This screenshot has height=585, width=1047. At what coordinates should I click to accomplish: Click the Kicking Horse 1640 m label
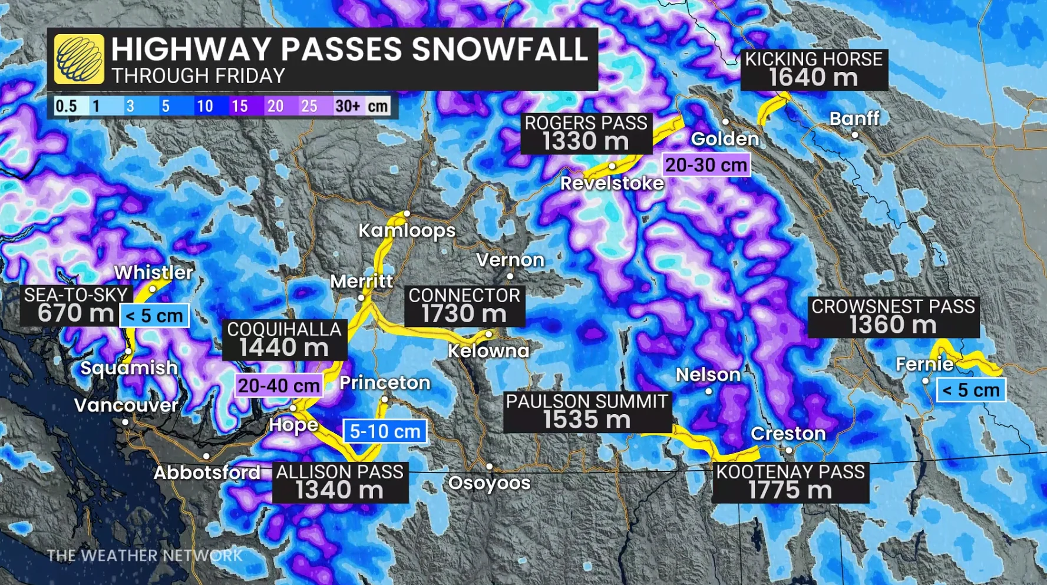(814, 70)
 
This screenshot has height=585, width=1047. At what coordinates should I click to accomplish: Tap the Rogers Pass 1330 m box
(586, 133)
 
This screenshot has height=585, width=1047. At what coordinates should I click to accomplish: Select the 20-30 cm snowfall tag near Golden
(706, 165)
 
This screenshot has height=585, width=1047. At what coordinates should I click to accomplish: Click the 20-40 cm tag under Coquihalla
(279, 386)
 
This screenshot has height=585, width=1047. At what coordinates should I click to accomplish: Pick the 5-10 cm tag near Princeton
(385, 431)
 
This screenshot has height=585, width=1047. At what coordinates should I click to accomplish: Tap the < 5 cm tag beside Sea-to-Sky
(154, 316)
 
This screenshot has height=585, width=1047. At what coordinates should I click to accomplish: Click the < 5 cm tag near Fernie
(970, 390)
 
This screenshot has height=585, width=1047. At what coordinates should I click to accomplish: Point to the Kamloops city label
(407, 230)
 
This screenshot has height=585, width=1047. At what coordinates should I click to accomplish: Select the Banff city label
(854, 119)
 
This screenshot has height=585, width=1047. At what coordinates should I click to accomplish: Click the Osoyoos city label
(489, 483)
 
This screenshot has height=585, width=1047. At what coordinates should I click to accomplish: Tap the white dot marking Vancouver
(125, 422)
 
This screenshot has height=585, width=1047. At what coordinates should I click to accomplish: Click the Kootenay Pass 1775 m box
(790, 482)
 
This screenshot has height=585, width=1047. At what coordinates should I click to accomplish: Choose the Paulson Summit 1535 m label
(587, 412)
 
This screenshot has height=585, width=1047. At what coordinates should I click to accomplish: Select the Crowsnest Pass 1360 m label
(893, 316)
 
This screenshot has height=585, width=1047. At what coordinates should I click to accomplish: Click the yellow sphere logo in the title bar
(79, 59)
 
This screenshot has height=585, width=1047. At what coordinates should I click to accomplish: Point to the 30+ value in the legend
(347, 106)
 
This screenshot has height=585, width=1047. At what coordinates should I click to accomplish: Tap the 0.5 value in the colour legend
(66, 106)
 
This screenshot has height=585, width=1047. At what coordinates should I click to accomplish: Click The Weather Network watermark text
(144, 556)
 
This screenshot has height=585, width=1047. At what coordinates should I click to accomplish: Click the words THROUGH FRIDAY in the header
(199, 76)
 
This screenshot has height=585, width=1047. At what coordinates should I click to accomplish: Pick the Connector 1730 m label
(464, 306)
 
